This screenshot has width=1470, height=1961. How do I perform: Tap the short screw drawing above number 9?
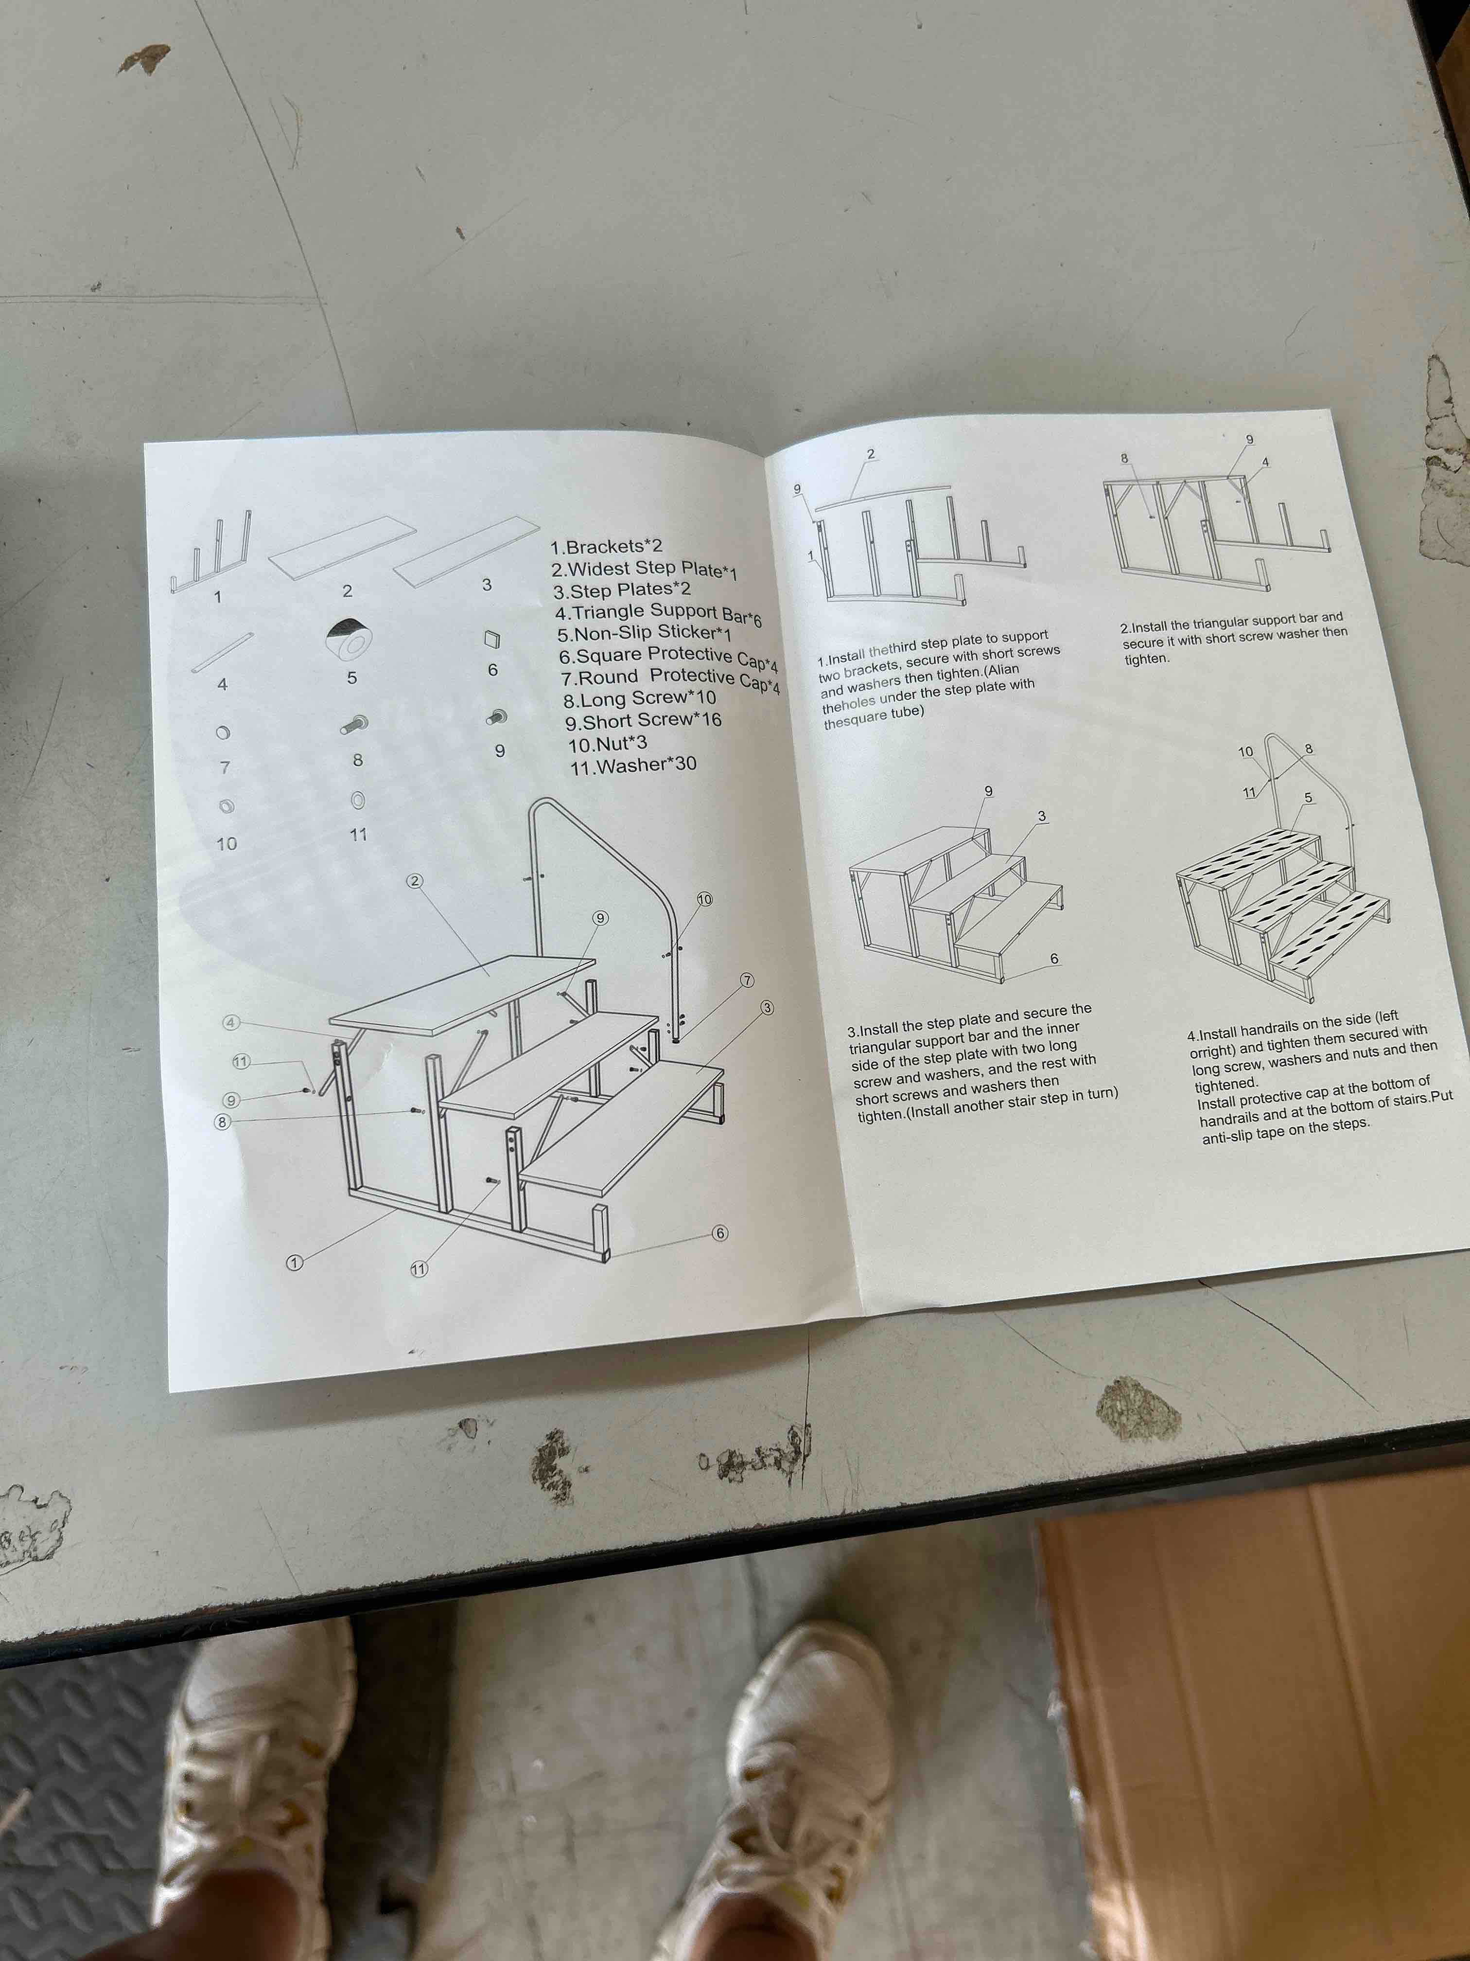497,716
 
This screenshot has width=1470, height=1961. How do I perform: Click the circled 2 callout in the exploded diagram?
415,880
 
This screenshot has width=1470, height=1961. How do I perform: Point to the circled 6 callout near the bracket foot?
719,1233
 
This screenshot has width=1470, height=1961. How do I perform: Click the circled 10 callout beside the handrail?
704,899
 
